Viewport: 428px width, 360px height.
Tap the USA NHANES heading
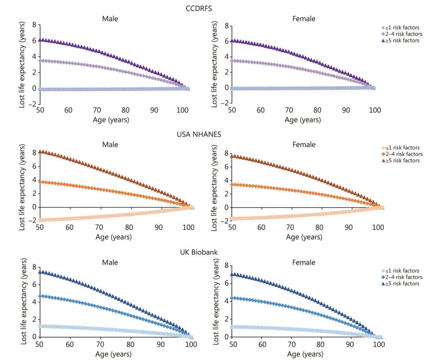point(199,134)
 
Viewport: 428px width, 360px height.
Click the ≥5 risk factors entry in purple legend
point(400,40)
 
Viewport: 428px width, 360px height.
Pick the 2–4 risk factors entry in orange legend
point(402,154)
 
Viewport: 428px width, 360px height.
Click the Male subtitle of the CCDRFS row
point(110,18)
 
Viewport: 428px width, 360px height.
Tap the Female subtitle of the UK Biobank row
point(304,262)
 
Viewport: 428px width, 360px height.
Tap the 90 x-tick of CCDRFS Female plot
point(346,110)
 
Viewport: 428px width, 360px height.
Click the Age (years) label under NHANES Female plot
point(304,237)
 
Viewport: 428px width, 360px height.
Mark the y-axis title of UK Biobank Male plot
point(24,301)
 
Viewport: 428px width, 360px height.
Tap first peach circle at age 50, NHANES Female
point(232,218)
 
